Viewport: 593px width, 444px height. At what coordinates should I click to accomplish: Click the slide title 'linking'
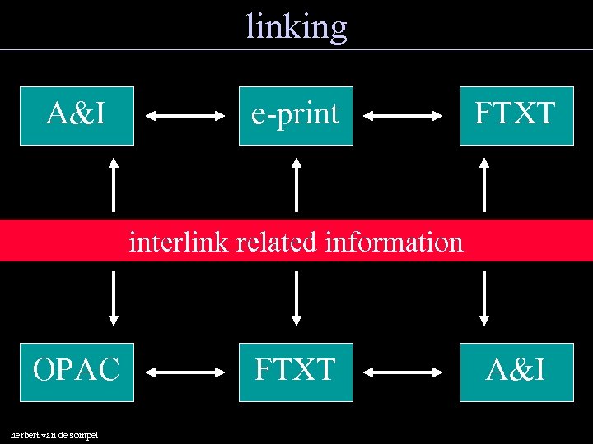tap(296, 26)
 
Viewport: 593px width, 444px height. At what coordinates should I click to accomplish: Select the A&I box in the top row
tap(77, 115)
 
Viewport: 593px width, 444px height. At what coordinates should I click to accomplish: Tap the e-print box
tap(296, 115)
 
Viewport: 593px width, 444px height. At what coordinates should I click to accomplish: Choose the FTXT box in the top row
tap(516, 115)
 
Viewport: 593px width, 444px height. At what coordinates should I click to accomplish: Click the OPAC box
tap(77, 372)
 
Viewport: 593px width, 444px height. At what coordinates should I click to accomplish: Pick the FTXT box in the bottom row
tap(296, 372)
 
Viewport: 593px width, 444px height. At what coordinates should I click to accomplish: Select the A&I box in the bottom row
tap(516, 372)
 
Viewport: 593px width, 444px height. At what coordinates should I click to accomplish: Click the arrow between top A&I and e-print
tap(185, 118)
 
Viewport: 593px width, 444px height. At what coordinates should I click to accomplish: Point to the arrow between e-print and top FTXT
tap(405, 118)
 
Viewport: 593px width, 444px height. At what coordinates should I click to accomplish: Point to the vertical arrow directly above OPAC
tap(114, 298)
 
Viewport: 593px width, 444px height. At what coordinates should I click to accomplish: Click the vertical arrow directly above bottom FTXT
tap(296, 298)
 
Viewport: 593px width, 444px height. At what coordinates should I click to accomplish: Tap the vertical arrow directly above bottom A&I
tap(484, 298)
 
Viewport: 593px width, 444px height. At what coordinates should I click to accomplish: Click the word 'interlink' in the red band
tap(179, 243)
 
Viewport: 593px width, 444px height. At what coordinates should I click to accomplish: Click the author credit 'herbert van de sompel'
tap(54, 434)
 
